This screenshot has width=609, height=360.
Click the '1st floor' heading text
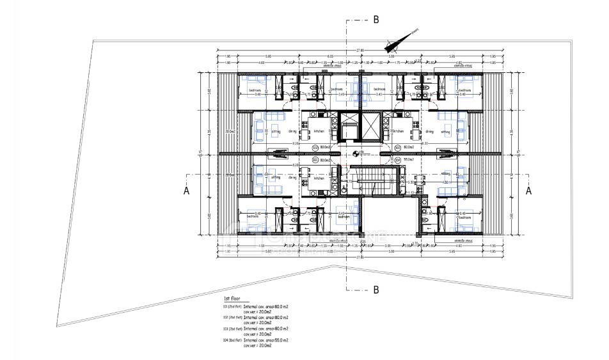[231, 299]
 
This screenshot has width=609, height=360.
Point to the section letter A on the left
[186, 190]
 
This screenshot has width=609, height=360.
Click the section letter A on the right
[529, 190]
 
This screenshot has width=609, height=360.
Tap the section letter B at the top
[376, 20]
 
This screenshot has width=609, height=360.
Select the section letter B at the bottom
[376, 290]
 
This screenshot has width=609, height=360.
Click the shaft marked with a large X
[370, 125]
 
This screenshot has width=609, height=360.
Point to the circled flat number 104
[397, 160]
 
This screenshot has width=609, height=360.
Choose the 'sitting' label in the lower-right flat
[445, 173]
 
